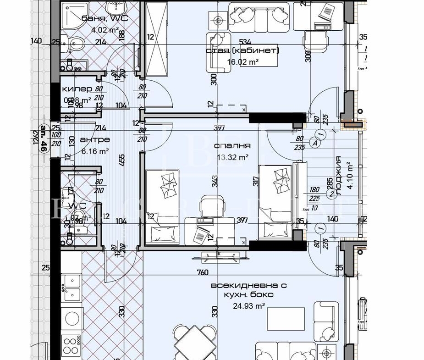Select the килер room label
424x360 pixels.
77,89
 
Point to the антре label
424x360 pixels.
94,139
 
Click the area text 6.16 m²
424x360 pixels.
94,150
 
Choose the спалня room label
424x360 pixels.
232,146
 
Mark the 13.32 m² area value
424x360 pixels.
232,157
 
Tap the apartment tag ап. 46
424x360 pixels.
44,138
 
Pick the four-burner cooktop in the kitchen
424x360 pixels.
71,344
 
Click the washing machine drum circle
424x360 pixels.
72,317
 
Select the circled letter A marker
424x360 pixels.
315,143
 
